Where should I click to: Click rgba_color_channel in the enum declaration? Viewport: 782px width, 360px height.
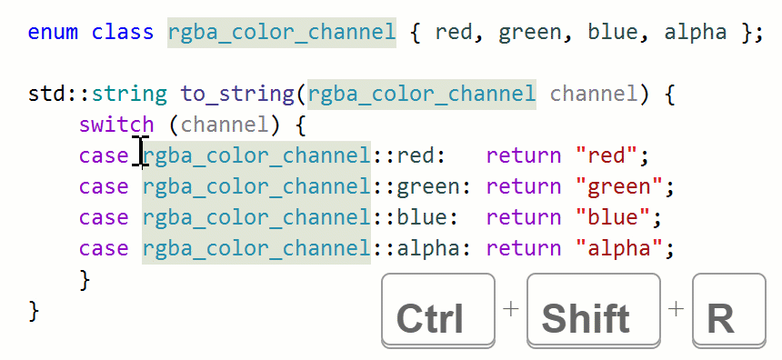[282, 33]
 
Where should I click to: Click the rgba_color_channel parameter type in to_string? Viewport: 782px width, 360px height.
[422, 94]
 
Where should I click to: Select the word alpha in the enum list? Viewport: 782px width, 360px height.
[696, 33]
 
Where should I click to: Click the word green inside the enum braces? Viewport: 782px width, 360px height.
[531, 33]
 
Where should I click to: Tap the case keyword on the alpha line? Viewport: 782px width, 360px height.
[104, 248]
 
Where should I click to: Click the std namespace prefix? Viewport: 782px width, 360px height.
[45, 94]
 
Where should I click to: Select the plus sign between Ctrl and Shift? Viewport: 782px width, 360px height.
[510, 308]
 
